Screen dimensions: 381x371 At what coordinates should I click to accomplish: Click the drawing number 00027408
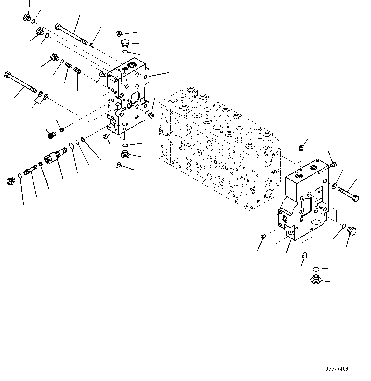tap(337, 369)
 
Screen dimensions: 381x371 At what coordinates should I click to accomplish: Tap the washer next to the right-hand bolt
tap(334, 185)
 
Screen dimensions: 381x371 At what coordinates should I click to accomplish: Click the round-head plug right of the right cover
tap(352, 231)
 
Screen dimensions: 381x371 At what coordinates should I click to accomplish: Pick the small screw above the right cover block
tap(301, 147)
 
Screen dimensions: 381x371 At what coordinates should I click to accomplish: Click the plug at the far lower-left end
tap(11, 181)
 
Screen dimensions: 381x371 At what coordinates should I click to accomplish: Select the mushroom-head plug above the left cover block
tap(125, 43)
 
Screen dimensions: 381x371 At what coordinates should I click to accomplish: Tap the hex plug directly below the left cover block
tap(125, 155)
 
